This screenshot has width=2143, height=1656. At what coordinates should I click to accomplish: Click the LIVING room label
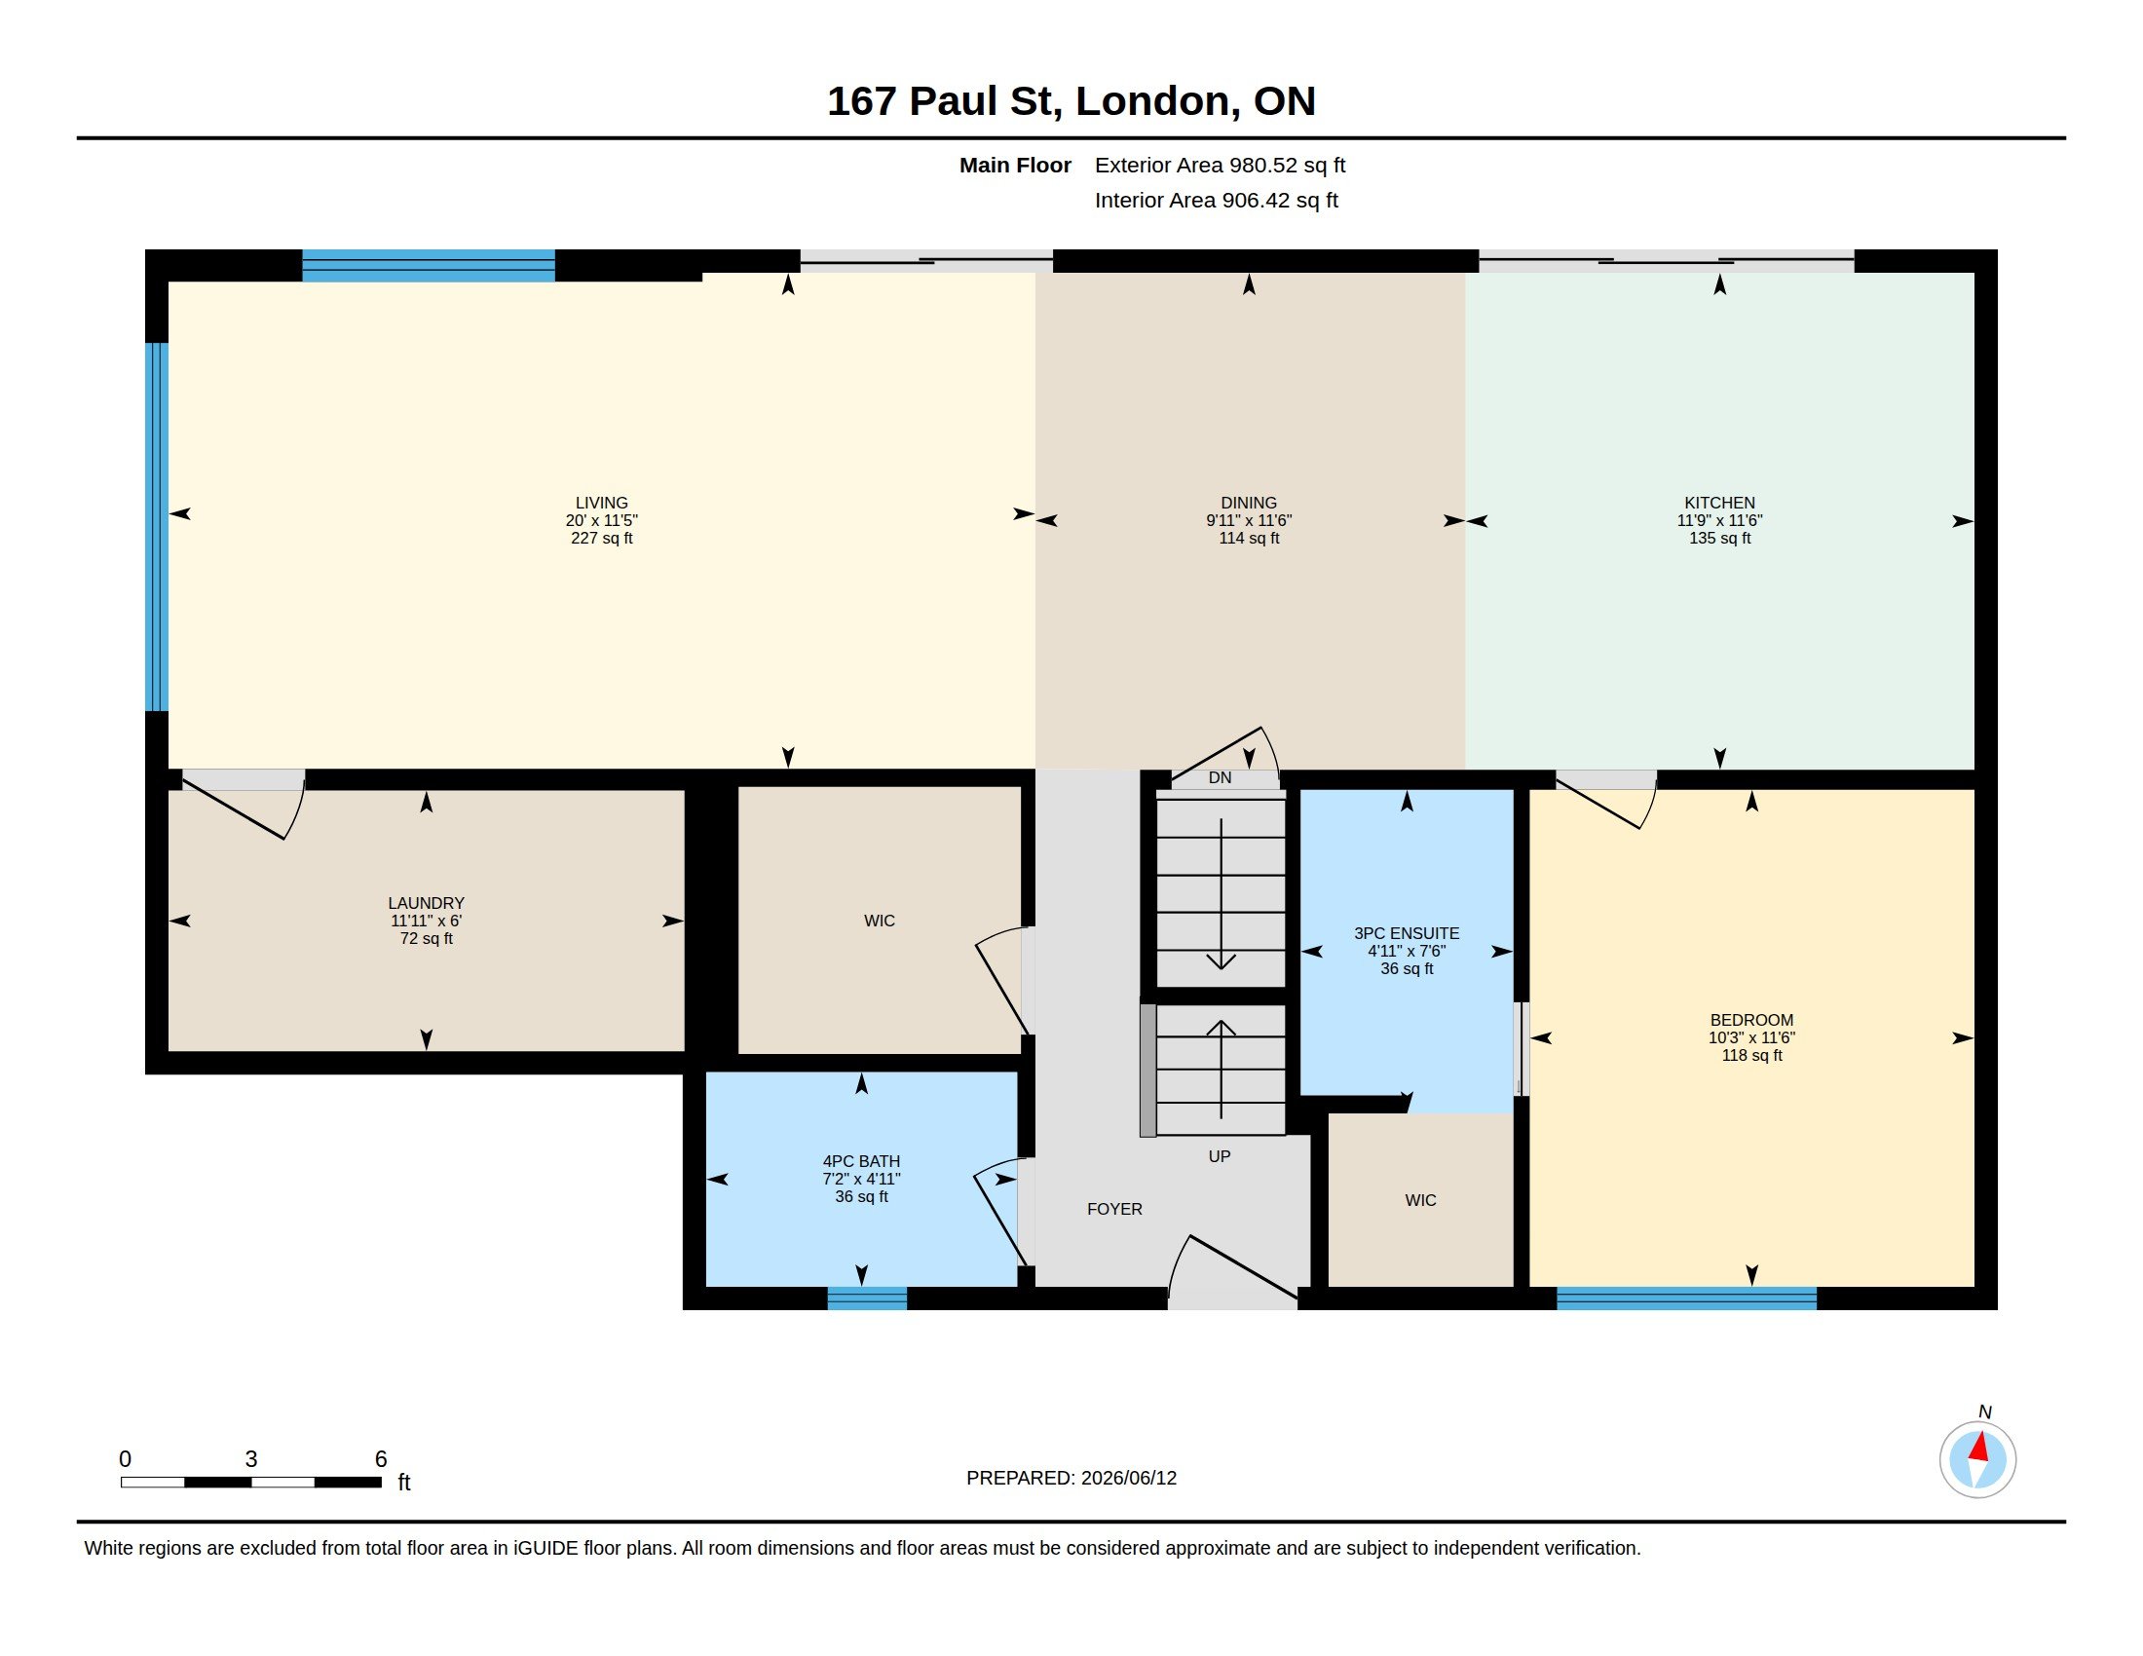point(601,503)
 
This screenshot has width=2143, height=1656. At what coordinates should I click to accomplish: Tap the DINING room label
point(1248,503)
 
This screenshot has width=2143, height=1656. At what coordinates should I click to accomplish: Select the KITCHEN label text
point(1719,503)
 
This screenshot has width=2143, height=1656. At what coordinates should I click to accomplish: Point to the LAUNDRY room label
point(426,903)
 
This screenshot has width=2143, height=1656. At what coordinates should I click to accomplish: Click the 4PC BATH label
point(860,1161)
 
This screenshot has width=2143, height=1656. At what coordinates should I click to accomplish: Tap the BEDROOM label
point(1751,1020)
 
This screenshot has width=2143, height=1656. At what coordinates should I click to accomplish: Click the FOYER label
point(1114,1209)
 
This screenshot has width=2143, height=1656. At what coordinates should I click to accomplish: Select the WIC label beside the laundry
point(880,921)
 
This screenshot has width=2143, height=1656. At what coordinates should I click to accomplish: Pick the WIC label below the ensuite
point(1420,1200)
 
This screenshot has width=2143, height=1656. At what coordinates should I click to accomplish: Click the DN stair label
point(1220,778)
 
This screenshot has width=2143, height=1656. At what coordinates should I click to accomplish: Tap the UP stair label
point(1219,1156)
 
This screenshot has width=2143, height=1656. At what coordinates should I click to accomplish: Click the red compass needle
point(1979,1447)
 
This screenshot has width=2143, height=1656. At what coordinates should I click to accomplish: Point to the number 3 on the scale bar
point(251,1459)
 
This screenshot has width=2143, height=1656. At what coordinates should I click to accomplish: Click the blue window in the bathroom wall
point(866,1298)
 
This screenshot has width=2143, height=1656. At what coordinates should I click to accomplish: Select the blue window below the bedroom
point(1686,1298)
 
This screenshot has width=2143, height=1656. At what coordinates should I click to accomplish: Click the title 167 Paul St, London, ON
point(1071,101)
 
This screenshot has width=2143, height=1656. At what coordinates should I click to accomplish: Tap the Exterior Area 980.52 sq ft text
point(1220,165)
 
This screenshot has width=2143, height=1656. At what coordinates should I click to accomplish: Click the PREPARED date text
point(1071,1478)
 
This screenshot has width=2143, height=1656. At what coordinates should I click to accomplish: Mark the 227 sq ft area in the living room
point(601,538)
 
